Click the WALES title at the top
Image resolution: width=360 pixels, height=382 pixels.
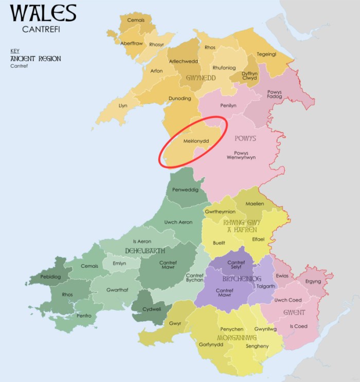[43, 13]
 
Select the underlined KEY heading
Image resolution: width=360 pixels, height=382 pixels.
[14, 51]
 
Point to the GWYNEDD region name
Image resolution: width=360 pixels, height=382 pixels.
[197, 78]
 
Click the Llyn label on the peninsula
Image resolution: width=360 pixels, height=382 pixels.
[123, 105]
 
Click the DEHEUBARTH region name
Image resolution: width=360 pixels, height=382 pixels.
[145, 250]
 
